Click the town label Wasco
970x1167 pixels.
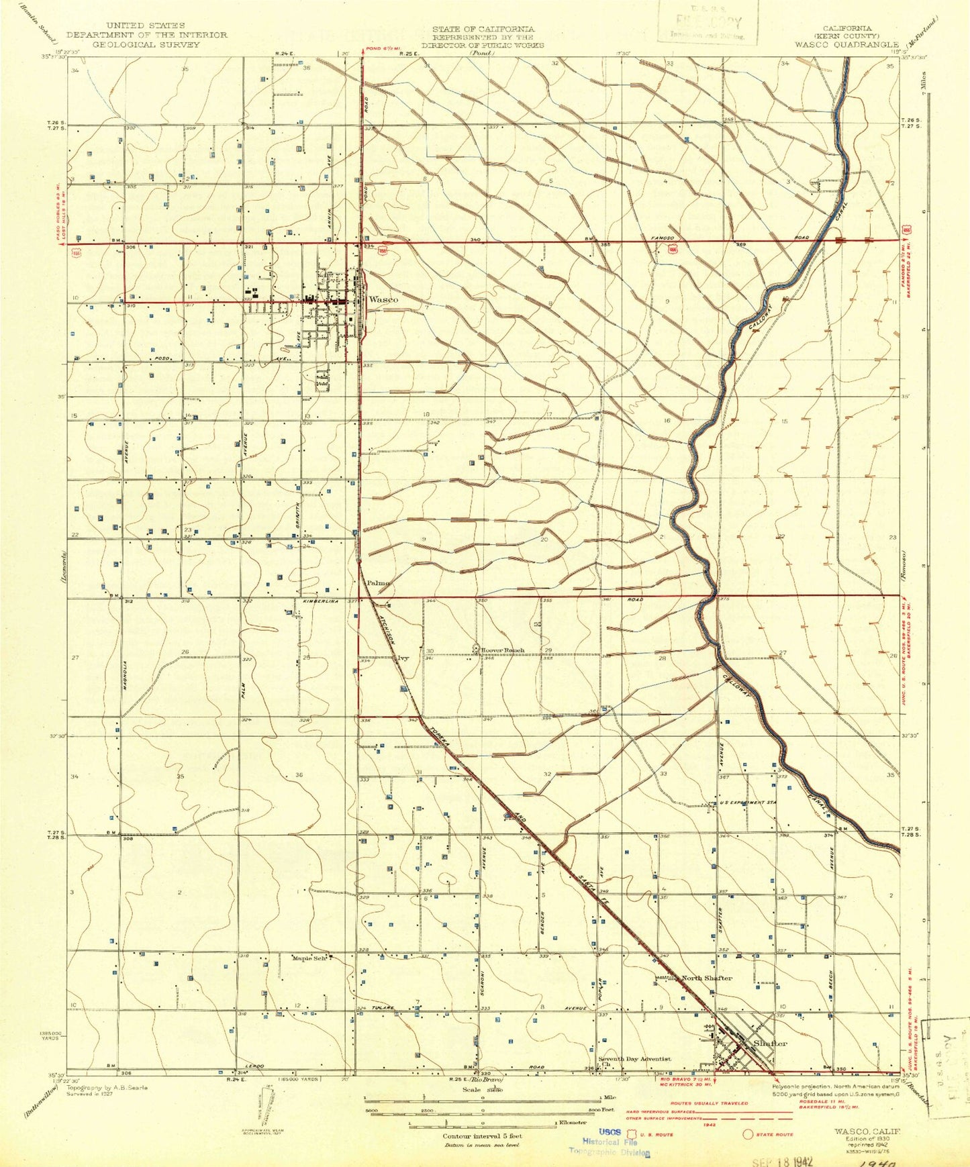point(383,299)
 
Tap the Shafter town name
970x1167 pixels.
point(770,1044)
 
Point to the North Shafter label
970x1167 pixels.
point(706,978)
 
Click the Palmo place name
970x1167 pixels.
point(377,582)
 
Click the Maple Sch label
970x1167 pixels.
point(309,958)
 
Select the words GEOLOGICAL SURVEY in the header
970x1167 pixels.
point(146,45)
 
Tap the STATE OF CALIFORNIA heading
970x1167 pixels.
point(483,29)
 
